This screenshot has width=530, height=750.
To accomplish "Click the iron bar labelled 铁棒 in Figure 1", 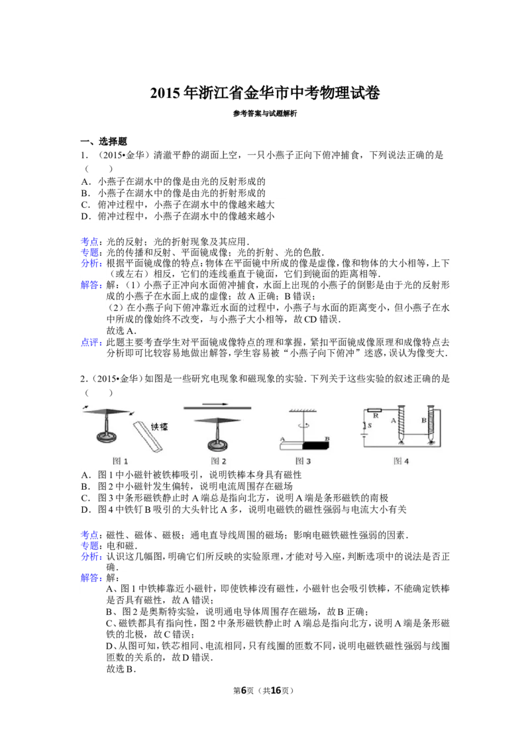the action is coord(148,435).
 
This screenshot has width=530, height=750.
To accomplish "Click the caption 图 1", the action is coord(120,461).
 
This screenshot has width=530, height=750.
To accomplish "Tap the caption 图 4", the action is coord(401,460).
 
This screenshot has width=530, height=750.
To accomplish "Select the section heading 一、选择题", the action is coord(104,142).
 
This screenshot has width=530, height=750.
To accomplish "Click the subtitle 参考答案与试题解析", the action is coord(265,113).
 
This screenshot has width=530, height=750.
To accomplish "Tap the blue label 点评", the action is coord(90,343).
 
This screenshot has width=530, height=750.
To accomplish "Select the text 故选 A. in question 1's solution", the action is coord(121,331).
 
